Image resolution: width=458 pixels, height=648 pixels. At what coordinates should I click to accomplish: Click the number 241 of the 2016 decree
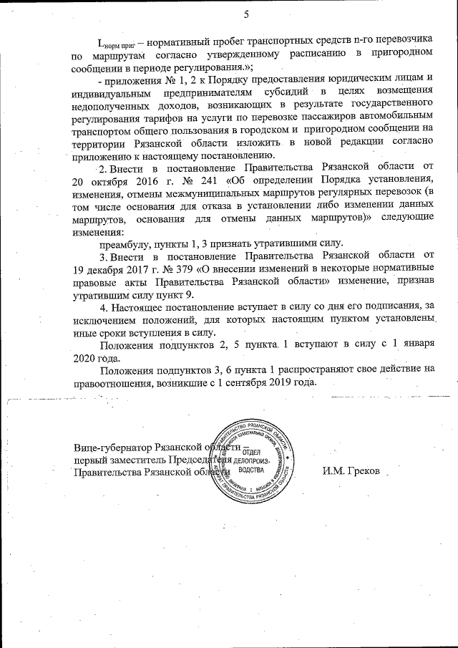tap(182, 178)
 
